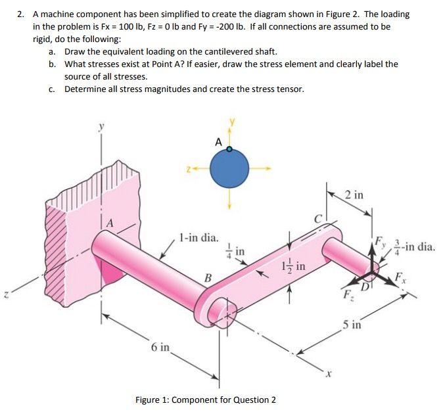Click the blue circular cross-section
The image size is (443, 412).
[229, 168]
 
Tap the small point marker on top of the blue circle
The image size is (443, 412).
[229, 150]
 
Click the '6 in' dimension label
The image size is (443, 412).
[160, 346]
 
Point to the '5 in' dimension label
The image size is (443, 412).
[351, 324]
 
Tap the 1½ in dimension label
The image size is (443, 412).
[296, 266]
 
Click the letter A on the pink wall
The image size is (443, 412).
[111, 224]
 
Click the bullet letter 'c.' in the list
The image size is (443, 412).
[52, 89]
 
